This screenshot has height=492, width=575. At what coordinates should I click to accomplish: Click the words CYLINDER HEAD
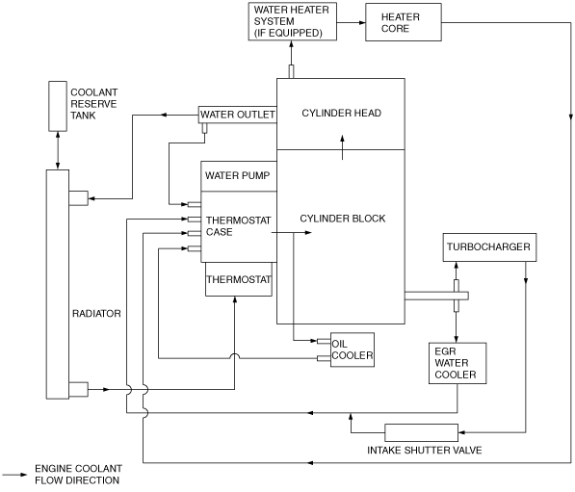click(341, 113)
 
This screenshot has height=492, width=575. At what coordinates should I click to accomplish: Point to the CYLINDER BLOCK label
click(343, 219)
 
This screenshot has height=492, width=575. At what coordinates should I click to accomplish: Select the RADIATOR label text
click(96, 314)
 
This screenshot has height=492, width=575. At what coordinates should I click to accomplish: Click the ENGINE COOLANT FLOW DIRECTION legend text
click(78, 475)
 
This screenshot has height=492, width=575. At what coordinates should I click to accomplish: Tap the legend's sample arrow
click(13, 475)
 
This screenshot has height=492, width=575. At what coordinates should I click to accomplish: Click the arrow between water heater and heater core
click(351, 22)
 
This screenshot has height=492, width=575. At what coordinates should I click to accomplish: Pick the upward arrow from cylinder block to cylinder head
click(342, 147)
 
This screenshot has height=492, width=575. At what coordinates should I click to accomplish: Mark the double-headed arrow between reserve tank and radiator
click(58, 150)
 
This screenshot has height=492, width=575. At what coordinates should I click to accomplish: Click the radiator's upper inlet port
click(78, 198)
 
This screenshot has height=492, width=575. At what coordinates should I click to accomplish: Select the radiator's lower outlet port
click(78, 389)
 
